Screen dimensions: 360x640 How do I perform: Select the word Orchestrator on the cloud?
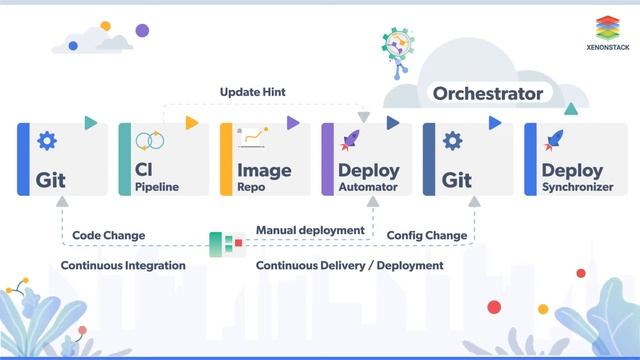tap(488, 94)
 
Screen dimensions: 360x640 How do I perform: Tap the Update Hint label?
tap(253, 92)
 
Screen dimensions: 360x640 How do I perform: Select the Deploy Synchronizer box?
tap(571, 159)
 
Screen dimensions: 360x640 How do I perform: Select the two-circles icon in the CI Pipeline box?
tap(149, 141)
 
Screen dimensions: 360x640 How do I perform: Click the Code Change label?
tap(109, 235)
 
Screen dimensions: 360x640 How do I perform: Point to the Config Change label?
tap(427, 235)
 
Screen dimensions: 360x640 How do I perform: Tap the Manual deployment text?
tap(310, 230)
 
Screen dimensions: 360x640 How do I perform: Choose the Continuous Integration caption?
tap(123, 265)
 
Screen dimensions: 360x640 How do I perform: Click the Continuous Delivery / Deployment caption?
tap(349, 265)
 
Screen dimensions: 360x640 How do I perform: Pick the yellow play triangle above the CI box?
tap(192, 123)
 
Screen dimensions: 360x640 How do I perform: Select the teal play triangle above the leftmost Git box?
tap(90, 123)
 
